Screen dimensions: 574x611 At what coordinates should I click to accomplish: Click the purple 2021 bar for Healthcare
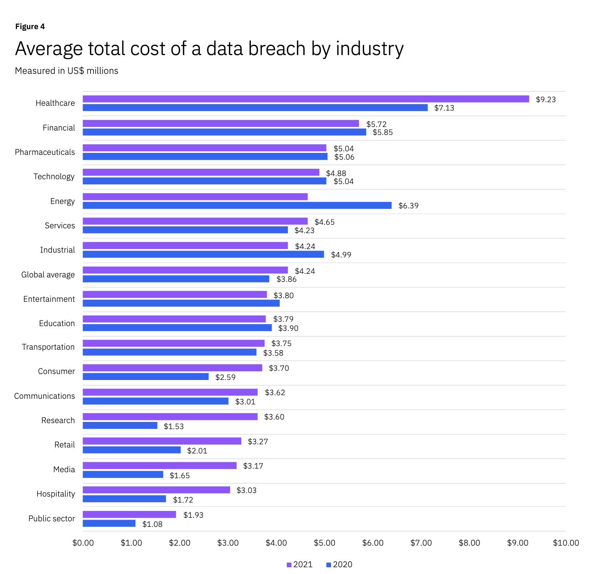pos(305,99)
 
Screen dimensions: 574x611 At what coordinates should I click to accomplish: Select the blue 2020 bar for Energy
pos(237,206)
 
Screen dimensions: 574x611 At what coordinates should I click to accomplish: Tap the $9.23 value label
pos(546,99)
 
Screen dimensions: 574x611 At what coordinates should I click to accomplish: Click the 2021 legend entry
pos(300,564)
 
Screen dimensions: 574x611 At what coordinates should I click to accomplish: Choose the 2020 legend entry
pos(339,564)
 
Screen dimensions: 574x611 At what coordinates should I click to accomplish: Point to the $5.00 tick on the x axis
pos(324,543)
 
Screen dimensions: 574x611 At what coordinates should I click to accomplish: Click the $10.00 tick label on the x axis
pos(566,543)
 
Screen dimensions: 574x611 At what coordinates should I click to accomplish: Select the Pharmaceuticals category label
pos(45,152)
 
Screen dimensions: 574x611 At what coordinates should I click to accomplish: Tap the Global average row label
pos(48,275)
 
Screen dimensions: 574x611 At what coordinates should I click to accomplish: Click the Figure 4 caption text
pos(30,27)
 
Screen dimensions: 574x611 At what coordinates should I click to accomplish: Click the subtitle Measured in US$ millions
pos(67,71)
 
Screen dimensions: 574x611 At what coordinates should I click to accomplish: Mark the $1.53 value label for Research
pos(174,426)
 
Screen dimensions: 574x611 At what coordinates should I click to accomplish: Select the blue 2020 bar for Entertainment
pos(181,303)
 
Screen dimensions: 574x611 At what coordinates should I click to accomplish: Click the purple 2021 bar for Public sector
pos(129,515)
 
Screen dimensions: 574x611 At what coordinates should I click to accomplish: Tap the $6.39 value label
pos(408,206)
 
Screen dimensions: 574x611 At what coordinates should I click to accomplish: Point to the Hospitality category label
pos(55,494)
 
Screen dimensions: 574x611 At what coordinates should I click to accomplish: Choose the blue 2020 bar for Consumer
pos(146,376)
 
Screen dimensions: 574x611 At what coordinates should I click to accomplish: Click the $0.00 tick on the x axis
pos(83,543)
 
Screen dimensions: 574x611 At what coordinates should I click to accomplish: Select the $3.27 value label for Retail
pos(258,441)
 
